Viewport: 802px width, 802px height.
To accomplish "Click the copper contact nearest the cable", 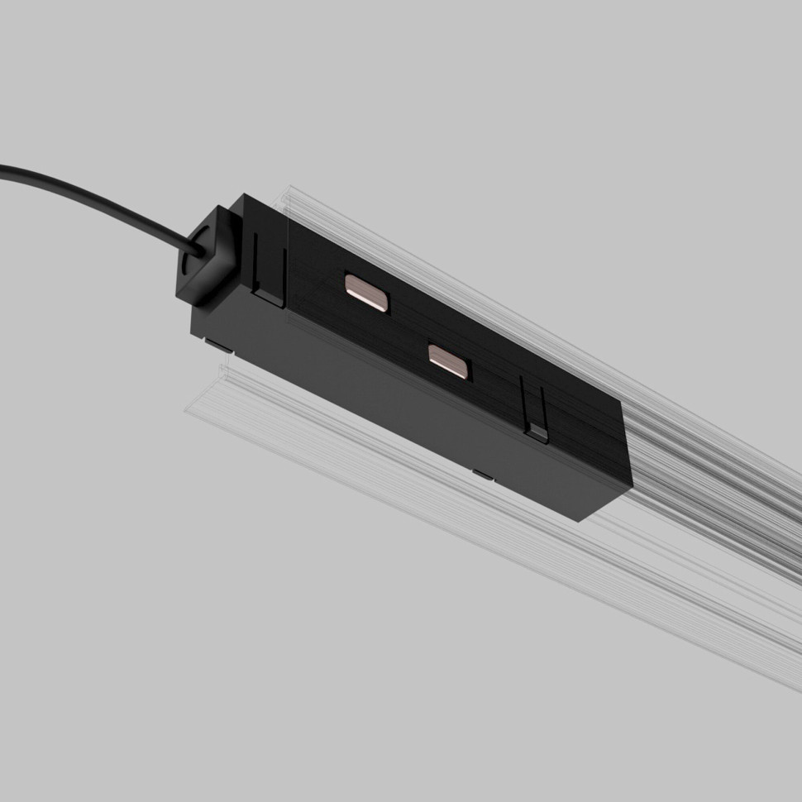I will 365,292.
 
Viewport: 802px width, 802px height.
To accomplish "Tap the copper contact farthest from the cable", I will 448,361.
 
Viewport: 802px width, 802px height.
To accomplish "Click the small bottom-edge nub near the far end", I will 481,474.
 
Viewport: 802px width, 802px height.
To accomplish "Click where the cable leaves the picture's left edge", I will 3,170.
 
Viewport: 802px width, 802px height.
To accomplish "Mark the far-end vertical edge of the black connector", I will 627,446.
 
